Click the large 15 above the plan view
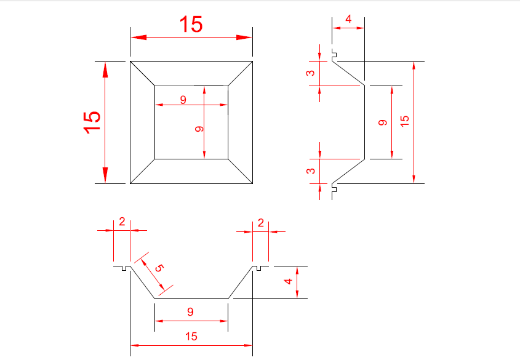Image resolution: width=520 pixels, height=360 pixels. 191,24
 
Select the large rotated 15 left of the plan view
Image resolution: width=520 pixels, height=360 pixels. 92,122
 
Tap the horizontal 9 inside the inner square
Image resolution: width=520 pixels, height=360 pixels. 183,100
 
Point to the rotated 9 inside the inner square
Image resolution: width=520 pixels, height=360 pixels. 199,129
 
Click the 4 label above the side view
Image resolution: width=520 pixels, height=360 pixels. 348,19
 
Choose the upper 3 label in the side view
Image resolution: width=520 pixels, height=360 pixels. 310,73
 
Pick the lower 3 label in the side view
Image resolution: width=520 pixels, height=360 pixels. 310,170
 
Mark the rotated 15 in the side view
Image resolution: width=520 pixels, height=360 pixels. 404,121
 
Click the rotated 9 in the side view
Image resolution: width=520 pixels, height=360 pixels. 382,122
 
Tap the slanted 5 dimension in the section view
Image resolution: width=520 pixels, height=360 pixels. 159,268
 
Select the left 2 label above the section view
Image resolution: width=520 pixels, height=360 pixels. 122,222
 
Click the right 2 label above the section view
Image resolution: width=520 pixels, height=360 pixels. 261,223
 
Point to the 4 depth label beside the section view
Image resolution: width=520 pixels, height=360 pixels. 288,281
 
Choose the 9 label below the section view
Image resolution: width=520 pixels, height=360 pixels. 190,311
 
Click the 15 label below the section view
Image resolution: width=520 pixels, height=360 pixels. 191,337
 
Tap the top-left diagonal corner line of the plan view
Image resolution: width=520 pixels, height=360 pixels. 142,73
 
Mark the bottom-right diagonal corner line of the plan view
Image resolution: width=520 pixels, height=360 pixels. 241,171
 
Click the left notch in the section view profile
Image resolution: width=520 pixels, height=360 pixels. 124,268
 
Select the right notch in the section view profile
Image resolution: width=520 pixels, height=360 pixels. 258,268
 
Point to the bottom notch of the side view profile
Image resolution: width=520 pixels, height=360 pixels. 334,190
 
